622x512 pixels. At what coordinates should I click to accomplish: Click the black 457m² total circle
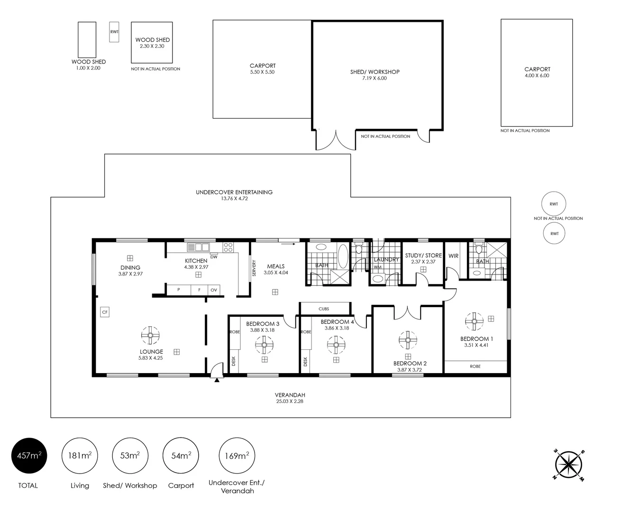(x=29, y=456)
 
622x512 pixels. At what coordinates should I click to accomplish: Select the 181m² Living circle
(x=80, y=456)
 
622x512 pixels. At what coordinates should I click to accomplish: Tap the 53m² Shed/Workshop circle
(x=130, y=456)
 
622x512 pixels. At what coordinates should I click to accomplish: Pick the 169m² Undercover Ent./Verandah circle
(x=237, y=456)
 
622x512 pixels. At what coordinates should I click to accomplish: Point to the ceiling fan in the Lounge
(x=150, y=336)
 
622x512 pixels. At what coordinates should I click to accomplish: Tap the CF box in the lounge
(x=105, y=312)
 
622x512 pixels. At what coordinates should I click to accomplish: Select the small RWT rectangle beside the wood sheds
(x=114, y=32)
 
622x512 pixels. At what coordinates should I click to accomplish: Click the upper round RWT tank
(x=554, y=204)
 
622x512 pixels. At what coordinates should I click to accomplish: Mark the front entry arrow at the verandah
(x=217, y=379)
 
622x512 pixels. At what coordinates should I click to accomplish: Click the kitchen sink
(x=198, y=247)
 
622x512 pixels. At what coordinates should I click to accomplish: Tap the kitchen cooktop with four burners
(x=228, y=247)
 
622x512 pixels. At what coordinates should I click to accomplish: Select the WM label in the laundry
(x=378, y=267)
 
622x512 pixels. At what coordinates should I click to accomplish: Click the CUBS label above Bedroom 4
(x=324, y=309)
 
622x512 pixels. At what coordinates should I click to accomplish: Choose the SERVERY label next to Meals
(x=254, y=268)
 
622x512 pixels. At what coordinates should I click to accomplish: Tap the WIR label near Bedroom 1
(x=453, y=256)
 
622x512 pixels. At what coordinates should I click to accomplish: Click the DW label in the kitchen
(x=214, y=257)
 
